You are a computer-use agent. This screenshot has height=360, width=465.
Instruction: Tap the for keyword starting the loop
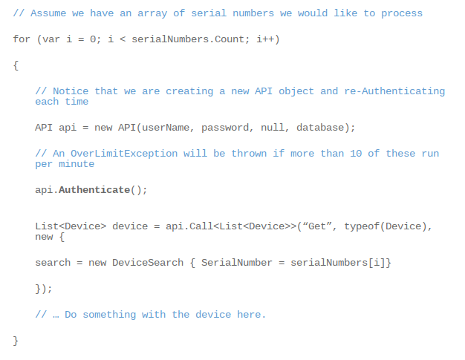22,39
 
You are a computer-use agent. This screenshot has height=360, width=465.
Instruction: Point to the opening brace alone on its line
16,65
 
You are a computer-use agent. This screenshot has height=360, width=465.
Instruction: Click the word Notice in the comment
71,91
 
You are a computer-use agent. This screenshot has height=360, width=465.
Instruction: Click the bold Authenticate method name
94,190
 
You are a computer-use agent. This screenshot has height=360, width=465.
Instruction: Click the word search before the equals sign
53,263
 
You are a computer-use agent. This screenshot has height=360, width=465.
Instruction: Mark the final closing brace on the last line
16,340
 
